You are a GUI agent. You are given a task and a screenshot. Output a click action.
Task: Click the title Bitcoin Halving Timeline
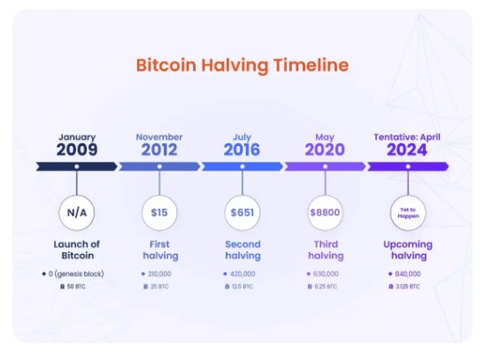(x=242, y=65)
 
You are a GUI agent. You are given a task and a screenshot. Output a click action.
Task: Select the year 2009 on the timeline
(x=77, y=149)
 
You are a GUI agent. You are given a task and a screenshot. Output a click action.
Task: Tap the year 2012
(x=159, y=149)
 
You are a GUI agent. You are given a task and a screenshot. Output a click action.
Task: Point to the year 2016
(x=242, y=149)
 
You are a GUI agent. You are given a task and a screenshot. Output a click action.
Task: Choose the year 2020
(x=325, y=149)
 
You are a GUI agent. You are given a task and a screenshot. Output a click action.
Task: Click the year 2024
(x=407, y=149)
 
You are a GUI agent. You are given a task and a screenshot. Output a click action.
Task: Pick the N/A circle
(x=77, y=213)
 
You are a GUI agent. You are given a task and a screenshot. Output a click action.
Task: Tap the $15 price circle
(x=159, y=213)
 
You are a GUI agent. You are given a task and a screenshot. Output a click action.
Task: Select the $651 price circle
(x=242, y=213)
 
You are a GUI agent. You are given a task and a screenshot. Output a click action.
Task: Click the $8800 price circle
(x=325, y=213)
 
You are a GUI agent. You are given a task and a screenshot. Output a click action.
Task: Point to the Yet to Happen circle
(x=407, y=213)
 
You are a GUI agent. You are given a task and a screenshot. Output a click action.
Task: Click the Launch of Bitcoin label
(x=77, y=249)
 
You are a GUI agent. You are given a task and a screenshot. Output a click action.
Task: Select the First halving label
(x=159, y=249)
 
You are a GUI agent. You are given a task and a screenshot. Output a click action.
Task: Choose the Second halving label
(x=242, y=249)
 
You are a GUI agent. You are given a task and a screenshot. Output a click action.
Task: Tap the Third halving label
(x=325, y=249)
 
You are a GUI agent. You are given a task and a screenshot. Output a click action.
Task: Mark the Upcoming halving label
(x=407, y=249)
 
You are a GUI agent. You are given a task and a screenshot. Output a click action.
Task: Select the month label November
(x=159, y=137)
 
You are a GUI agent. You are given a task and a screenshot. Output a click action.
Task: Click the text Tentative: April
(x=407, y=137)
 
